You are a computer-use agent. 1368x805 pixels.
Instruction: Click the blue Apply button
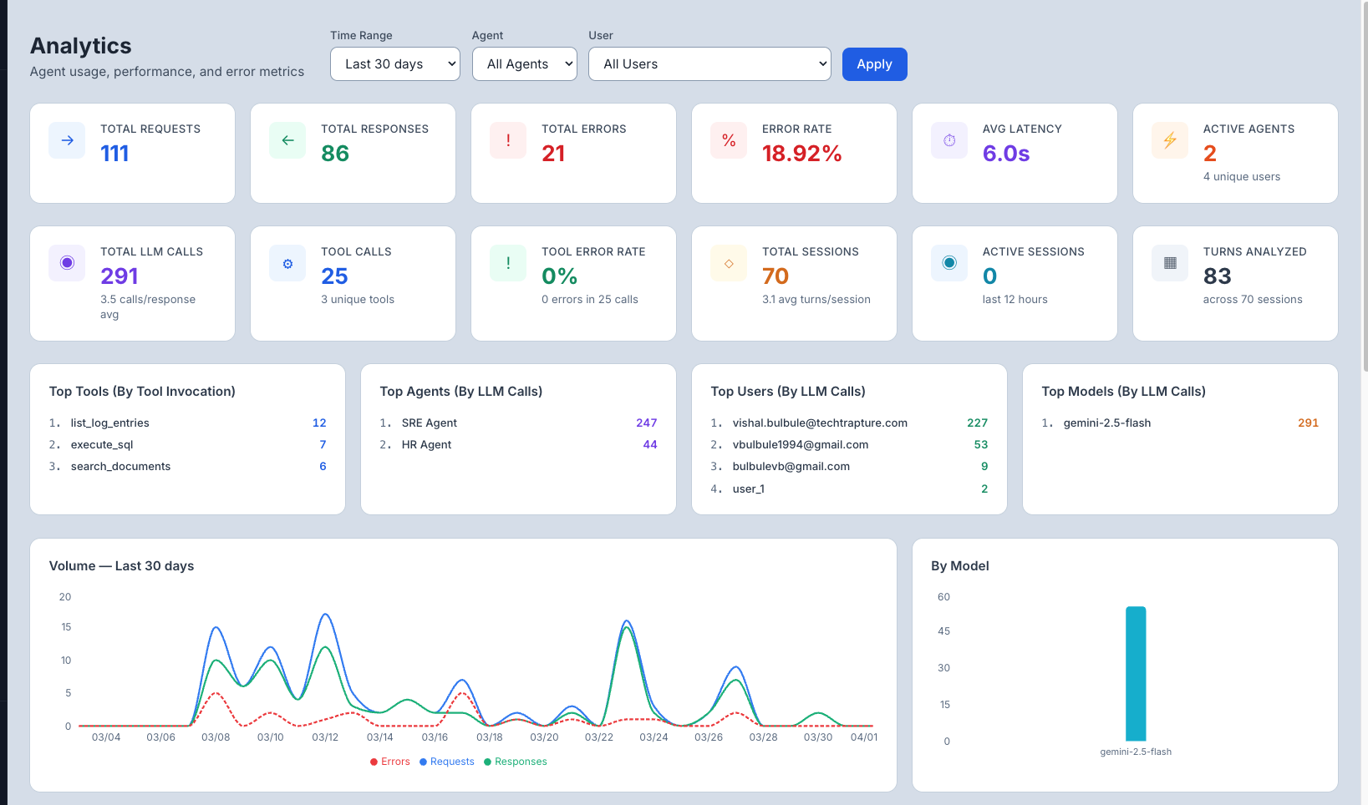pyautogui.click(x=874, y=64)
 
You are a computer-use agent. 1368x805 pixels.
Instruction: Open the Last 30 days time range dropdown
pyautogui.click(x=394, y=64)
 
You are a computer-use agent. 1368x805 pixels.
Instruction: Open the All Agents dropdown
pyautogui.click(x=524, y=64)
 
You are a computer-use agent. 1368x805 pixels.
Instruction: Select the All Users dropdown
pyautogui.click(x=709, y=64)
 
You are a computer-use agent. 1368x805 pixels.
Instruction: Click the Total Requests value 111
pyautogui.click(x=114, y=154)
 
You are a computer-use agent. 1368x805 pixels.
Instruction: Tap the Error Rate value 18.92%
pyautogui.click(x=801, y=154)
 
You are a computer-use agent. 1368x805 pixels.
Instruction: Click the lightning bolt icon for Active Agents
pyautogui.click(x=1169, y=140)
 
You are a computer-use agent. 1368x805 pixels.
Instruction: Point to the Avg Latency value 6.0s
pyautogui.click(x=1005, y=154)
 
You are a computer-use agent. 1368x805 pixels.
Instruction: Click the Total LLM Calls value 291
pyautogui.click(x=120, y=276)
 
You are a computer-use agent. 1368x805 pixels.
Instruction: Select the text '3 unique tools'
pyautogui.click(x=358, y=300)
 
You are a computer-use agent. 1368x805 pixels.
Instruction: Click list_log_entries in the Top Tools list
pyautogui.click(x=110, y=423)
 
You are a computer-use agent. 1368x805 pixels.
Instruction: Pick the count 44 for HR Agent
pyautogui.click(x=649, y=445)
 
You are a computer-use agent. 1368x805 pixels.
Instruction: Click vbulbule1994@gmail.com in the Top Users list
pyautogui.click(x=800, y=445)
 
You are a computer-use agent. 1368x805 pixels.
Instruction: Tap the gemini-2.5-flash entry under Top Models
pyautogui.click(x=1106, y=423)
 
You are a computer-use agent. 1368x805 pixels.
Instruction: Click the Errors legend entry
pyautogui.click(x=390, y=762)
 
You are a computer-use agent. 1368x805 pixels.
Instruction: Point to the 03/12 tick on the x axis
pyautogui.click(x=325, y=737)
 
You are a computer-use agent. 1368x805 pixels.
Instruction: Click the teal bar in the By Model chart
pyautogui.click(x=1135, y=673)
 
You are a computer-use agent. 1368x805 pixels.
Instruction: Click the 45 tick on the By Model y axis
pyautogui.click(x=943, y=631)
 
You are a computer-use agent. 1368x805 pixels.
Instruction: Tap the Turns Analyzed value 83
pyautogui.click(x=1217, y=276)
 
